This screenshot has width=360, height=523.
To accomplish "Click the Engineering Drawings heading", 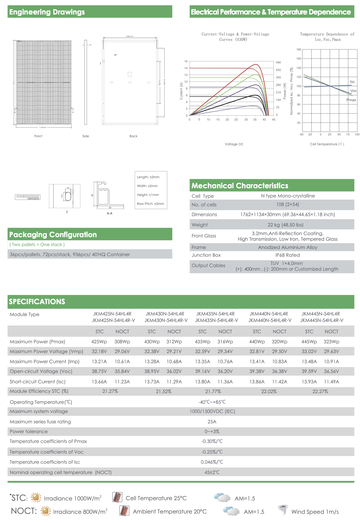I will pyautogui.click(x=47, y=12).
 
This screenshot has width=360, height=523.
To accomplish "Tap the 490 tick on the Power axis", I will pyautogui.click(x=278, y=63).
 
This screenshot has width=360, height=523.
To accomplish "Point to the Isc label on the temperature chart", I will pyautogui.click(x=352, y=82).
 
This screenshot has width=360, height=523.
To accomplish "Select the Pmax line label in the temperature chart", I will pyautogui.click(x=351, y=100).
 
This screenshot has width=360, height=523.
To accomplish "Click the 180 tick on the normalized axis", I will pyautogui.click(x=299, y=50).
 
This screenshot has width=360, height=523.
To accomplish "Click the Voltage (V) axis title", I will pyautogui.click(x=234, y=144).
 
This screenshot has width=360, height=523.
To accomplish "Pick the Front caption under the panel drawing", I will pyautogui.click(x=38, y=136).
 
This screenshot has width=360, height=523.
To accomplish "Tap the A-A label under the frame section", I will pyautogui.click(x=109, y=213).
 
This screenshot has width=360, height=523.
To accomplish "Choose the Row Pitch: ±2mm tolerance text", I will pyautogui.click(x=150, y=204).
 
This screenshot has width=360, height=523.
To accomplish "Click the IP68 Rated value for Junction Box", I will pyautogui.click(x=287, y=255).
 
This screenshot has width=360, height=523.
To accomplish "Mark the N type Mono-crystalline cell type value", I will pyautogui.click(x=288, y=196).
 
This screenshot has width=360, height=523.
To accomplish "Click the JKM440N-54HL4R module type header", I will pyautogui.click(x=269, y=314).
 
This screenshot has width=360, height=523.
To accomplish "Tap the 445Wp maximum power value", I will pyautogui.click(x=309, y=342).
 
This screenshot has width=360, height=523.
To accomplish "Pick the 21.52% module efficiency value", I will pyautogui.click(x=164, y=392).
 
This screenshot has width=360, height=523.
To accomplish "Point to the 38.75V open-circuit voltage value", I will pyautogui.click(x=99, y=371).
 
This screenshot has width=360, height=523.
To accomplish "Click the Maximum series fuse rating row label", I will pyautogui.click(x=40, y=422).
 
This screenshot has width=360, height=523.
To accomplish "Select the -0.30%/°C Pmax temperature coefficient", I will pyautogui.click(x=212, y=441).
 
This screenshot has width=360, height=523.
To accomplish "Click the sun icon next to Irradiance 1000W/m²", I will pyautogui.click(x=36, y=498).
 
